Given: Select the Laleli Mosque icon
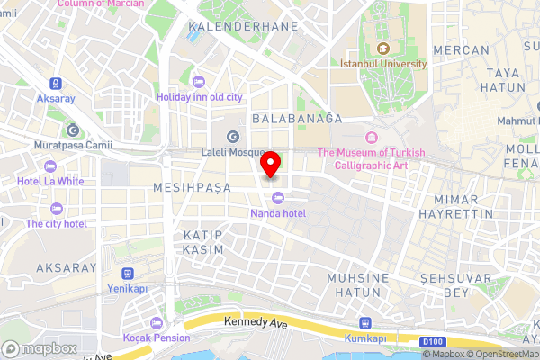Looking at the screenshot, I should tap(234, 137).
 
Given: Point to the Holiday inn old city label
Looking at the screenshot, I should tap(199, 96).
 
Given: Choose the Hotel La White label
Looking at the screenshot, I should tap(57, 180).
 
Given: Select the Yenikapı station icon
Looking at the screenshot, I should tap(128, 274).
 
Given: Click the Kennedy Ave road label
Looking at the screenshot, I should tap(247, 320).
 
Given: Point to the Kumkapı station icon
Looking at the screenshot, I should tap(365, 323).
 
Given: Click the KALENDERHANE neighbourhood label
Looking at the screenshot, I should tap(243, 27).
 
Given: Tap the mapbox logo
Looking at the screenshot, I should tap(39, 348).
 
